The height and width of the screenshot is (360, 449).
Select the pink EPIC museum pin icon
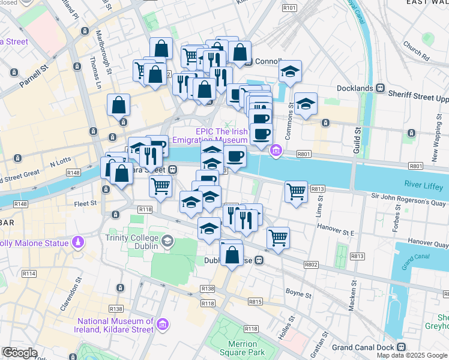coord(276,150)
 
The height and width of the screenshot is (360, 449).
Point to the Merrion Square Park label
coord(238,348)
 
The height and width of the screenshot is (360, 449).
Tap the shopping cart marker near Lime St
coord(296,192)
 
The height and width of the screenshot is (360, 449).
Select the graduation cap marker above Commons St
coord(290,73)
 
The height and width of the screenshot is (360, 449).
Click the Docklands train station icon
coord(379,88)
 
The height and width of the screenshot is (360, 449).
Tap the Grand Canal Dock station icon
coord(400,347)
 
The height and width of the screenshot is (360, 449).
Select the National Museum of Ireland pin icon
coord(161,325)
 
